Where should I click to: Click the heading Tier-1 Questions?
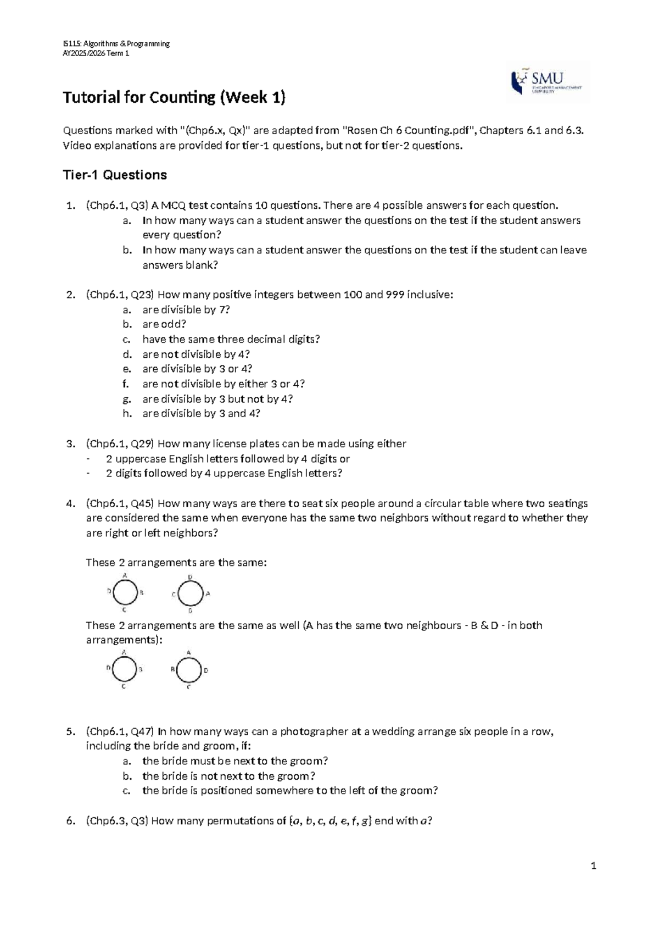click(x=115, y=175)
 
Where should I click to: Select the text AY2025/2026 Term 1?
click(x=96, y=53)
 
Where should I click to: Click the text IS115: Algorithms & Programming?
click(x=116, y=43)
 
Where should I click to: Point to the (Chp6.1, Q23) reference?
click(x=120, y=295)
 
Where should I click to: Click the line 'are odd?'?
click(x=164, y=324)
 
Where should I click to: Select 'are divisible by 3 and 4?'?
click(x=201, y=413)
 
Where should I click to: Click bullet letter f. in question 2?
click(x=127, y=384)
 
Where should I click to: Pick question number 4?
click(x=69, y=503)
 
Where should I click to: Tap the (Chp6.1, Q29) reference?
click(x=120, y=443)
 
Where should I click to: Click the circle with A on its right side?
click(x=190, y=594)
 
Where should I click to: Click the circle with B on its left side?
click(x=189, y=670)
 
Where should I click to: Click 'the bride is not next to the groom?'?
click(x=228, y=776)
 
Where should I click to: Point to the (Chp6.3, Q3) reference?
click(x=116, y=821)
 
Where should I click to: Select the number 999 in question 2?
click(x=396, y=295)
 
